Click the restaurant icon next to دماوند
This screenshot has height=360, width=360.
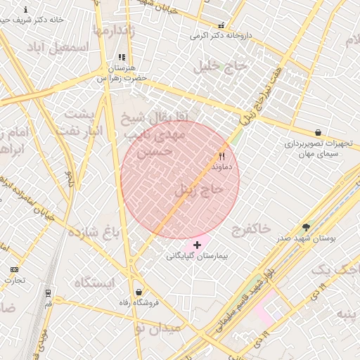click(x=222, y=156)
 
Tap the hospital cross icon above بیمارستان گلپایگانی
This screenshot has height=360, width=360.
click(x=197, y=245)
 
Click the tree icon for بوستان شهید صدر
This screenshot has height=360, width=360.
click(x=306, y=227)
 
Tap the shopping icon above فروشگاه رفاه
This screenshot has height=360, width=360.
click(x=139, y=292)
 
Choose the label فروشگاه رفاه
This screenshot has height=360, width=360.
click(x=139, y=304)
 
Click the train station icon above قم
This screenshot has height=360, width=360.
click(x=48, y=292)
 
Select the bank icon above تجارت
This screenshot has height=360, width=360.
click(x=14, y=269)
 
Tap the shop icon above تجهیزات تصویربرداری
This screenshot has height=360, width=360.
click(x=319, y=131)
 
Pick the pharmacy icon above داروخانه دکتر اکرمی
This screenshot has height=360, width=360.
click(x=221, y=25)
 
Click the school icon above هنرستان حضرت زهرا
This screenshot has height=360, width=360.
click(x=122, y=58)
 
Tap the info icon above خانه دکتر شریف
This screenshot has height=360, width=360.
click(x=26, y=10)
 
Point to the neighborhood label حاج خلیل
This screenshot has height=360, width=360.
click(x=221, y=66)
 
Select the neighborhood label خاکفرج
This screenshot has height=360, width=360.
click(x=250, y=229)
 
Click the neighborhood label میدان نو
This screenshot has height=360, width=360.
click(x=158, y=328)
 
